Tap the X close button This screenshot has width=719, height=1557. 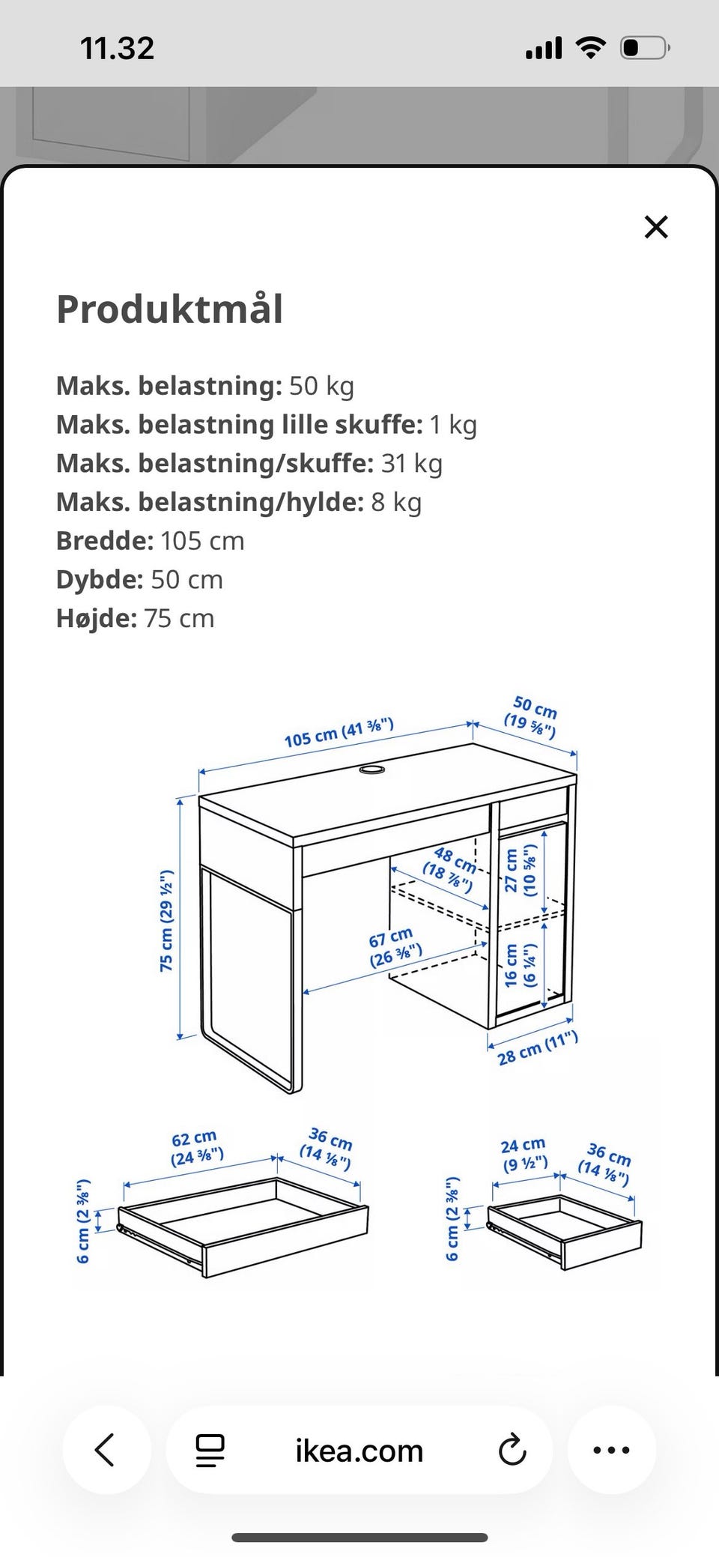[x=656, y=227]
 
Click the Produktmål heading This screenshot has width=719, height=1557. [x=170, y=309]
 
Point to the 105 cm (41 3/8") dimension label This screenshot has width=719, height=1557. [x=339, y=733]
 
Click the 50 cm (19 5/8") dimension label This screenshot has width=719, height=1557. [x=533, y=716]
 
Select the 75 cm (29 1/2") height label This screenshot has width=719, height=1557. [x=166, y=921]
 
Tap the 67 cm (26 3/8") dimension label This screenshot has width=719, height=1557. [x=394, y=946]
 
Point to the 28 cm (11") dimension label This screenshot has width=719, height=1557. [x=538, y=1047]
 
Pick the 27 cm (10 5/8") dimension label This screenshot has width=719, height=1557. [x=521, y=870]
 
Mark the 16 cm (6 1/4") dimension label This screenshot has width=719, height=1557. [x=521, y=964]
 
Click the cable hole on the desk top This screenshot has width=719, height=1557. [x=372, y=770]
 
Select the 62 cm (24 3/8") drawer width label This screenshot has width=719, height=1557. [x=196, y=1149]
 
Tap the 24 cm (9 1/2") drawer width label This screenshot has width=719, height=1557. [x=524, y=1155]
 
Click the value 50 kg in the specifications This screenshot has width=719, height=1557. [x=321, y=386]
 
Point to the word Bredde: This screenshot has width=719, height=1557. [x=105, y=540]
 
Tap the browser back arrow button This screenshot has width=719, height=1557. [x=106, y=1450]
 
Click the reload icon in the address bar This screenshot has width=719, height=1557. [x=512, y=1450]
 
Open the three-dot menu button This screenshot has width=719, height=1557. [x=611, y=1450]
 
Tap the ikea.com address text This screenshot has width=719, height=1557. [x=359, y=1451]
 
